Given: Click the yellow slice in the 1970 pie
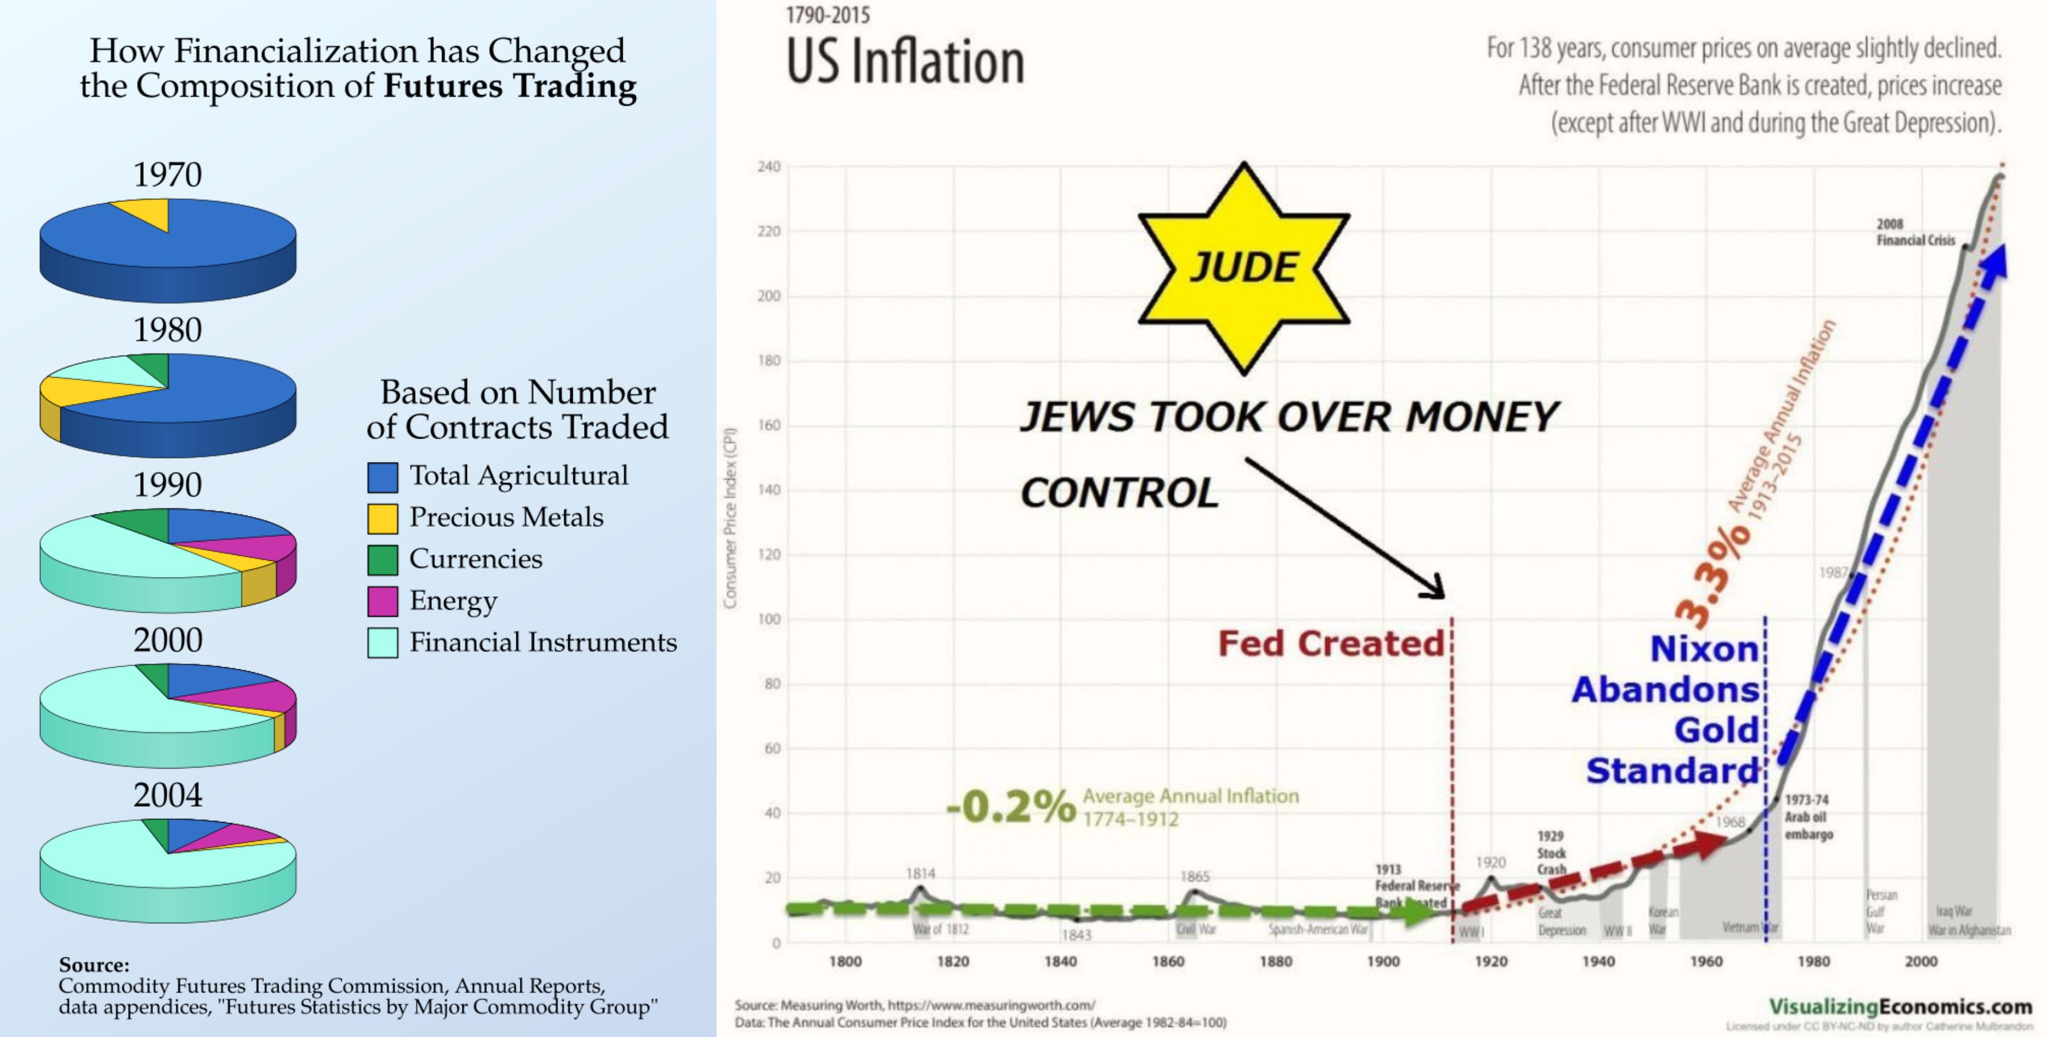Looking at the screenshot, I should tap(148, 212).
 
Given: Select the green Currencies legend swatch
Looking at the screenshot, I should tap(382, 559).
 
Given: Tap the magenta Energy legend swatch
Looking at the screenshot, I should tap(382, 601).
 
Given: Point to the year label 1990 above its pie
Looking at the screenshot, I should tap(167, 484).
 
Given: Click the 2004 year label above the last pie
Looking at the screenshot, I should tap(167, 795).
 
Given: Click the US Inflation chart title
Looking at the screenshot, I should tap(905, 62).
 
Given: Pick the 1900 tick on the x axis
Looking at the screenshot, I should tap(1383, 961).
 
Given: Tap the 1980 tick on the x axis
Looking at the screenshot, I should tap(1814, 961).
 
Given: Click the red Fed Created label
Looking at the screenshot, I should tap(1331, 643).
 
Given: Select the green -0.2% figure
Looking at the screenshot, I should tap(1011, 807).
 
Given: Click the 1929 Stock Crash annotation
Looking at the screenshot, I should tap(1550, 853).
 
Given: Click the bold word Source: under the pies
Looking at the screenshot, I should tap(94, 965).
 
